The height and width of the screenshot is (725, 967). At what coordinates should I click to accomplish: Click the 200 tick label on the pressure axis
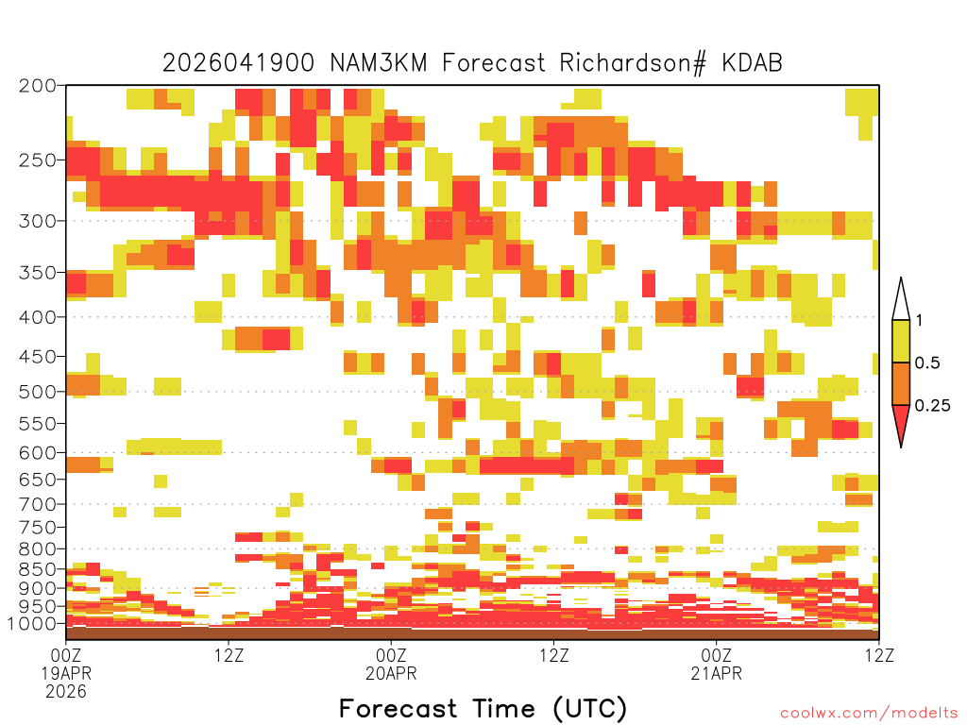(38, 86)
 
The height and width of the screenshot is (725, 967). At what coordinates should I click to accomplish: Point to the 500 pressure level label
(38, 392)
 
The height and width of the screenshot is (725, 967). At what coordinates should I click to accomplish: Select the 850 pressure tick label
(38, 569)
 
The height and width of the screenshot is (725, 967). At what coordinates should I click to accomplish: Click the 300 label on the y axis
(38, 221)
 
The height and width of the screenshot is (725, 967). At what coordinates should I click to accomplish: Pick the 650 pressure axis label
(38, 479)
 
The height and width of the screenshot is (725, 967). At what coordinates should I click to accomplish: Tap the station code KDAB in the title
(752, 63)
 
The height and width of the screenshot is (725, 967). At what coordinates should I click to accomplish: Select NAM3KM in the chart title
(379, 63)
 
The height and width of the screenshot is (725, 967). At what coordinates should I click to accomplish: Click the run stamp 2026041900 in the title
(238, 63)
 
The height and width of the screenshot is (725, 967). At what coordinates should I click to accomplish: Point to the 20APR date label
(391, 673)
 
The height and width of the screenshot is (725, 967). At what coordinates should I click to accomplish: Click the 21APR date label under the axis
(716, 673)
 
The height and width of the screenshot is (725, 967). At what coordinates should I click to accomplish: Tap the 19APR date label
(66, 673)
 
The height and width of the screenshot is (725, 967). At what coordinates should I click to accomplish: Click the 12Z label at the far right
(879, 655)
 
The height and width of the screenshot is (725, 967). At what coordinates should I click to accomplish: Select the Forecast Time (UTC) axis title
(483, 708)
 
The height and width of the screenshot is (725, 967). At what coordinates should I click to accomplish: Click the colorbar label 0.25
(932, 405)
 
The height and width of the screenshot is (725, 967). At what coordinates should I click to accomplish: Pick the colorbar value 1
(919, 320)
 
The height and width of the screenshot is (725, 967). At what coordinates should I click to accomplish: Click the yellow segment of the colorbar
(901, 341)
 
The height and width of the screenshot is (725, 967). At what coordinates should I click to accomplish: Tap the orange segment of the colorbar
(901, 383)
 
